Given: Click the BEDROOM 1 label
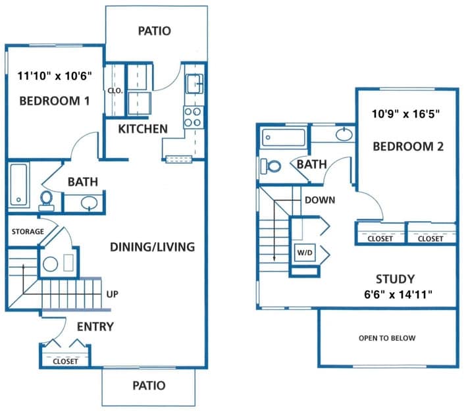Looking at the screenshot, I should [54, 101].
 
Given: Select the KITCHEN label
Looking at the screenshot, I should [143, 128].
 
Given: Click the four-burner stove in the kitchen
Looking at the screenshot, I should [192, 116].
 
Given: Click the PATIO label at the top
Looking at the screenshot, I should [155, 30].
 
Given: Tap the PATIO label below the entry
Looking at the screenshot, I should [148, 386].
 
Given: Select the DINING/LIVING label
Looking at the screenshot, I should [151, 247].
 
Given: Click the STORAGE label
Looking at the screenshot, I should [28, 232].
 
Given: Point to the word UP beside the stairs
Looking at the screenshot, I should [113, 294].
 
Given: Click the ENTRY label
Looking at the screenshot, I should [95, 326].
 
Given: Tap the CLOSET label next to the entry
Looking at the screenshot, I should [65, 361].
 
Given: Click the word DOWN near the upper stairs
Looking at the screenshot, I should [320, 200].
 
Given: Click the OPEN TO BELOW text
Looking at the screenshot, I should [387, 338].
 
